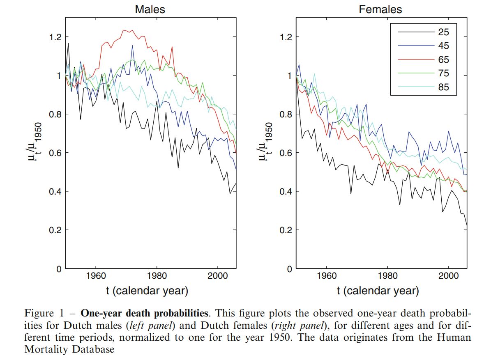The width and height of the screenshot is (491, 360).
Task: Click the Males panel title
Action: click(150, 9)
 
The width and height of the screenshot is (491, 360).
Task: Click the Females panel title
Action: click(380, 9)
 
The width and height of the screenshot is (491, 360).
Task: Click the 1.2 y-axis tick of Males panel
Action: click(53, 37)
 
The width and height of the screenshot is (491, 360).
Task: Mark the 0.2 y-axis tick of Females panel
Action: click(286, 230)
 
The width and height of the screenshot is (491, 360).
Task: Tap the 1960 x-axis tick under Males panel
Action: click(95, 276)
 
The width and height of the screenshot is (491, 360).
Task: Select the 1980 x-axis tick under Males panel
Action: click(157, 276)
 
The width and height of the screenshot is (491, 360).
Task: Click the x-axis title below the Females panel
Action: click(378, 291)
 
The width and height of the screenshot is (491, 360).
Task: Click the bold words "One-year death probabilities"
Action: click(144, 314)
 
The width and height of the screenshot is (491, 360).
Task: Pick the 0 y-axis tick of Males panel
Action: click(58, 269)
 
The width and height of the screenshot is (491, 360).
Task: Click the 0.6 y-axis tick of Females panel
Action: click(286, 153)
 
